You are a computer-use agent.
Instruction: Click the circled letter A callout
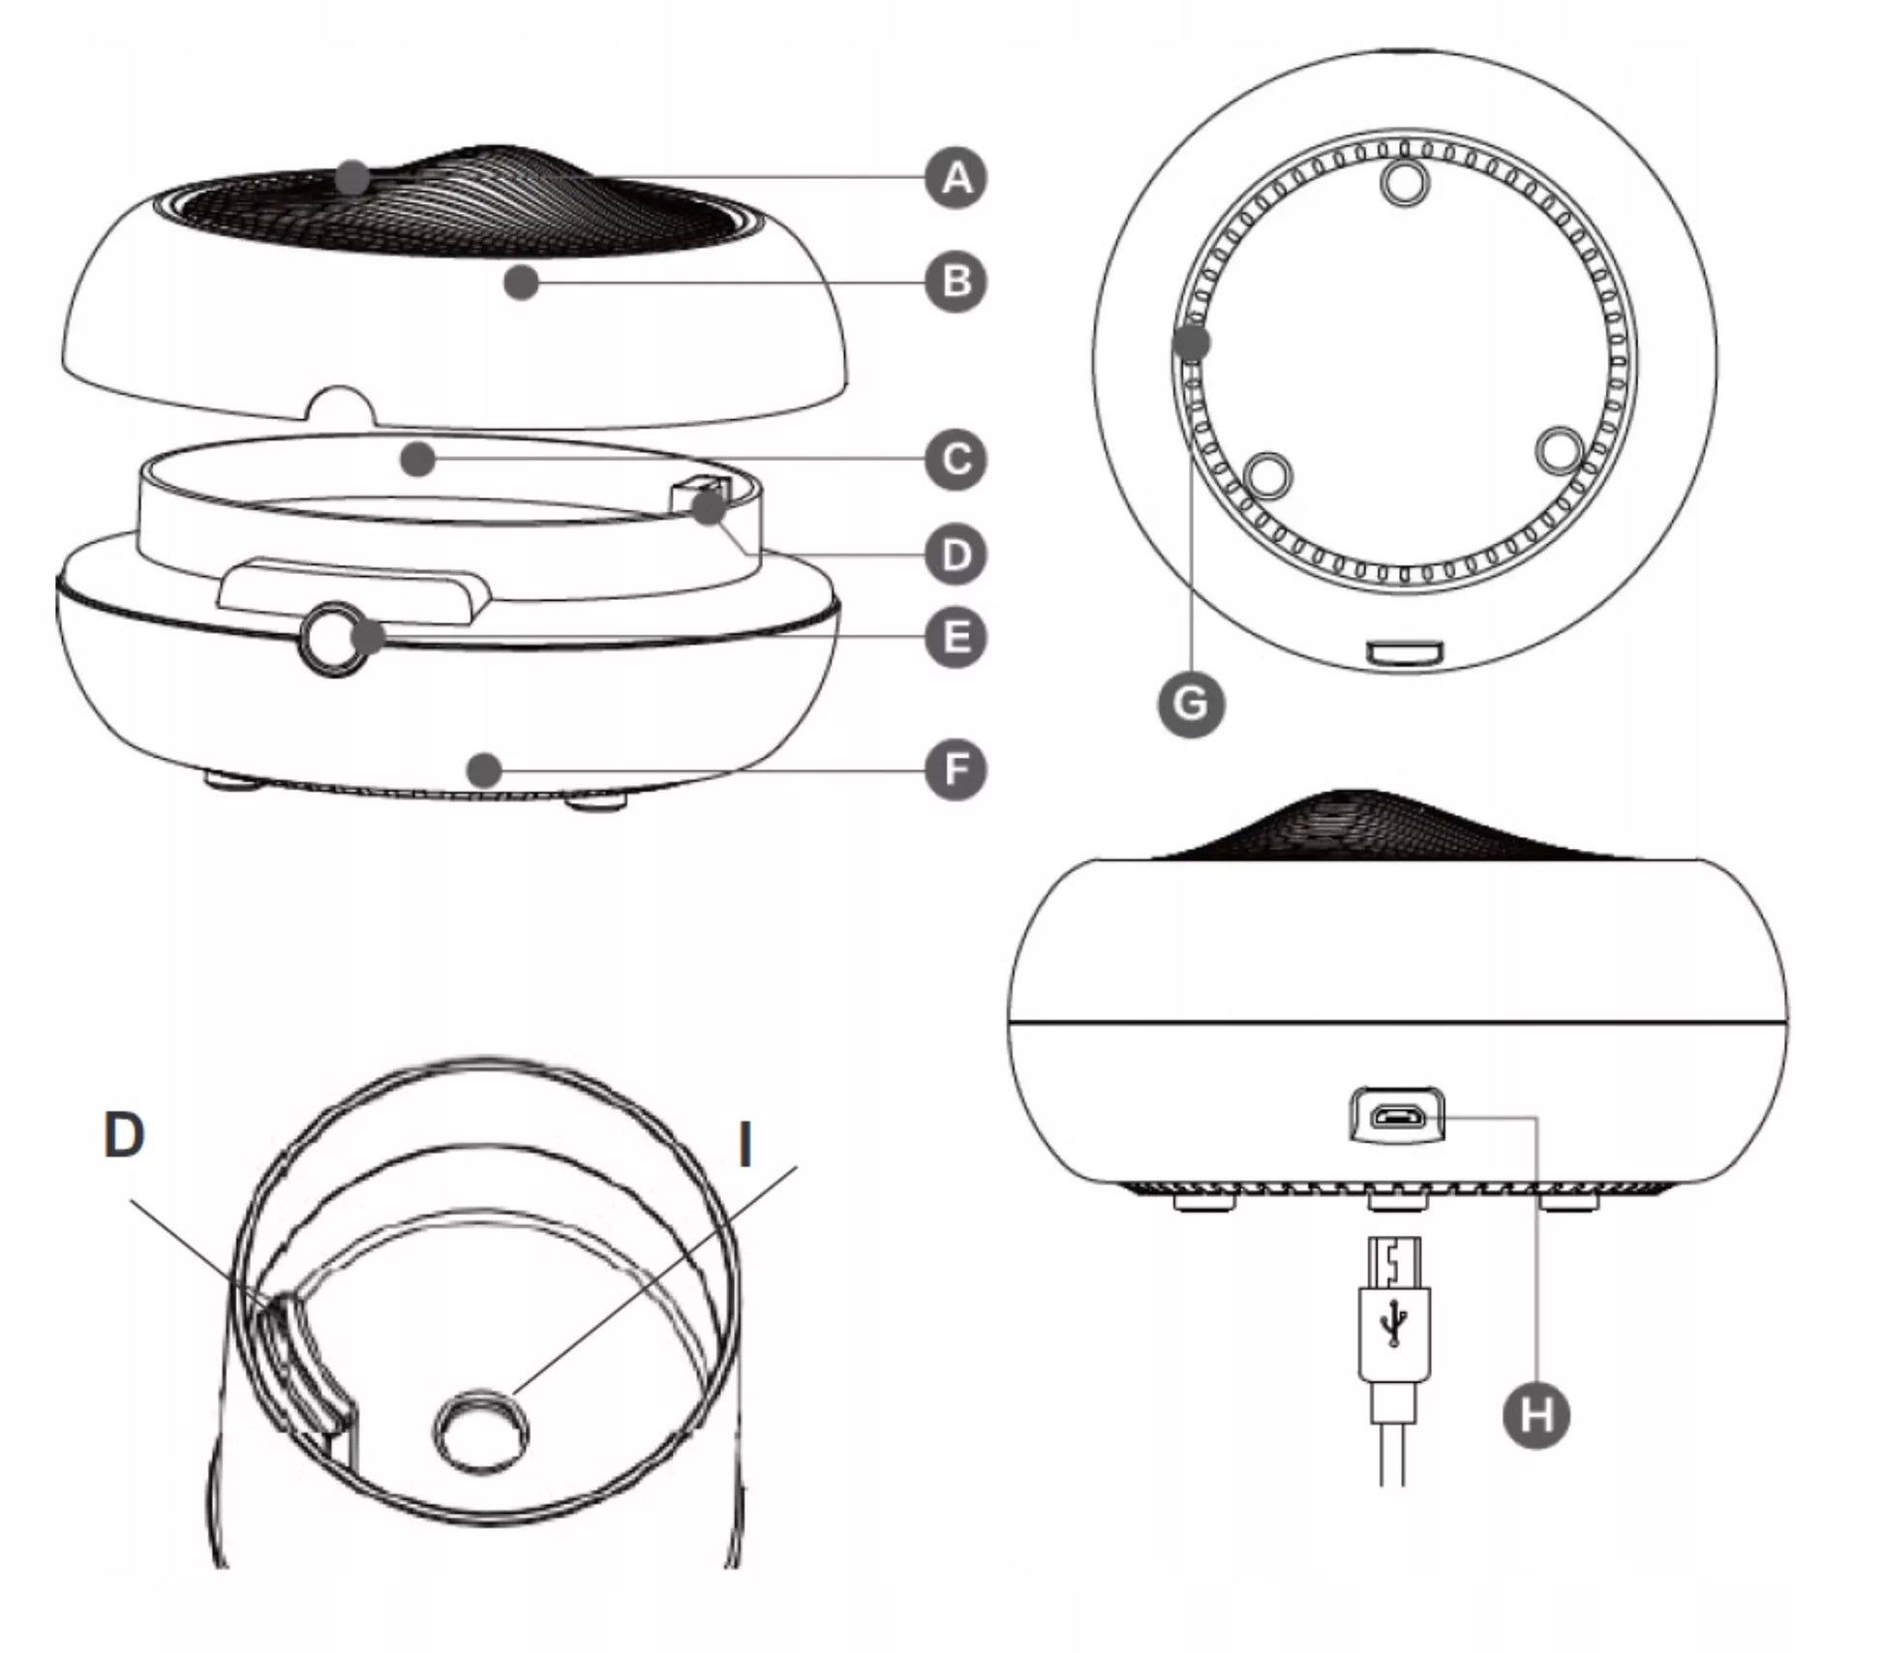click(x=956, y=178)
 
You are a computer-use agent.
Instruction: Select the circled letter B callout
click(x=956, y=282)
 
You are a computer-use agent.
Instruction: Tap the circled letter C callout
click(x=956, y=459)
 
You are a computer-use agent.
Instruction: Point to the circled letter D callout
click(x=956, y=555)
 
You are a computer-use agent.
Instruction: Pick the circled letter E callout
click(x=956, y=638)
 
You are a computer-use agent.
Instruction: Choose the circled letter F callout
click(x=956, y=770)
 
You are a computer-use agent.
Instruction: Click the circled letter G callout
click(x=1191, y=704)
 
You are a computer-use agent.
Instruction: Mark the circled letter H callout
click(x=1536, y=1416)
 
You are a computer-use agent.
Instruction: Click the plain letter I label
click(x=744, y=1144)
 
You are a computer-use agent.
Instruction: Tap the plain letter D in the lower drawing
click(x=124, y=1133)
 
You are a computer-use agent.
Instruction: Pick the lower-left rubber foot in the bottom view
click(x=1269, y=475)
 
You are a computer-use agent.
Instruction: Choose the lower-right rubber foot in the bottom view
click(x=1559, y=450)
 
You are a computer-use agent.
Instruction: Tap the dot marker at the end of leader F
click(x=483, y=770)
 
